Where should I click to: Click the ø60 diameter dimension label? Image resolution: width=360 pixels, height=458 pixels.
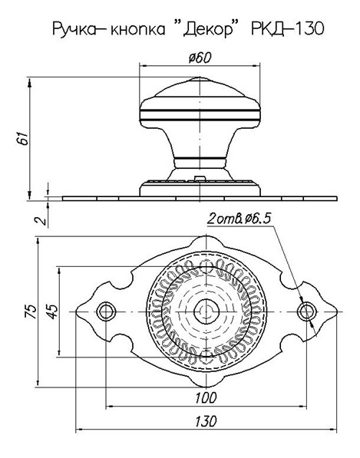(200, 58)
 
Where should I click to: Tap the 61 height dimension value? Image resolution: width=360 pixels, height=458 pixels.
(23, 138)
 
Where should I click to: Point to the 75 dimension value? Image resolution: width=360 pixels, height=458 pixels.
(31, 311)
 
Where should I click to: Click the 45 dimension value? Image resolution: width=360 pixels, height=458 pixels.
(52, 311)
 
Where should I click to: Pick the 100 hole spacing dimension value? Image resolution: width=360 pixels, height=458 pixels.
(206, 397)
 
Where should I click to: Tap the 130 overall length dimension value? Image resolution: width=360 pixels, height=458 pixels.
(206, 421)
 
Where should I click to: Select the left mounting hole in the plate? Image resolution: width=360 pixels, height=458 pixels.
(106, 311)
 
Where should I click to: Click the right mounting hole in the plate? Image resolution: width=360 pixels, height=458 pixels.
(307, 311)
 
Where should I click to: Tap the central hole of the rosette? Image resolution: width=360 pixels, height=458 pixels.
(206, 311)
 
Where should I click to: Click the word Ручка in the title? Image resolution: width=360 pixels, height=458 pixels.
(74, 29)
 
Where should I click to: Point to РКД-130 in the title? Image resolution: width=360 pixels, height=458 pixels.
(288, 28)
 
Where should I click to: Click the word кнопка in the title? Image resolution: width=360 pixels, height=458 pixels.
(137, 29)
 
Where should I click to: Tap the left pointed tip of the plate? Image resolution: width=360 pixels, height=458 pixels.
(76, 311)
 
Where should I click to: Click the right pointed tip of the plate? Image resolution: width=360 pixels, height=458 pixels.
(337, 311)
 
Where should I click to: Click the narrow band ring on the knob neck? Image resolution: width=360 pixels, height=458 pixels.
(200, 159)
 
